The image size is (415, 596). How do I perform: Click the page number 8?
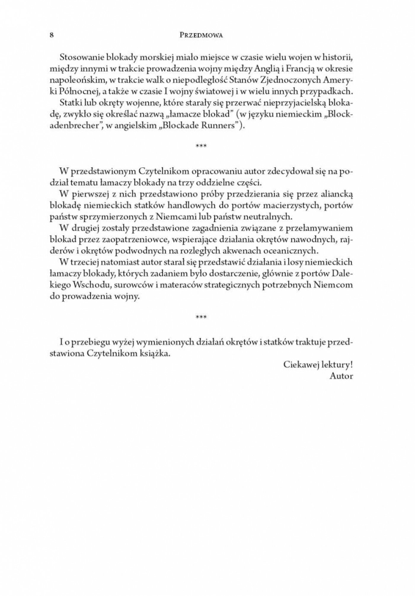(51, 35)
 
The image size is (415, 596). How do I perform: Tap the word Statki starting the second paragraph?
(69, 102)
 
